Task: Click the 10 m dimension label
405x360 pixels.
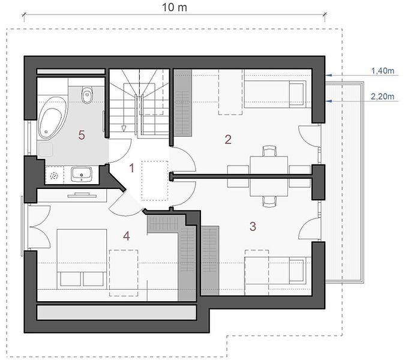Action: coord(175,7)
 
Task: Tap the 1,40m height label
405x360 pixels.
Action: coord(383,71)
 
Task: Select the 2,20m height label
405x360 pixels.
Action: coord(383,97)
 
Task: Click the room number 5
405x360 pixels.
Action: coord(82,135)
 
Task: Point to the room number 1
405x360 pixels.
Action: coord(132,168)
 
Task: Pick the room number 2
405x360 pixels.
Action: coord(228,139)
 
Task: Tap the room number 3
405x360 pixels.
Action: coord(253,226)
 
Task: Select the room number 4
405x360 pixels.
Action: coord(127,236)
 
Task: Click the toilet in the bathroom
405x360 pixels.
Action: coord(87,95)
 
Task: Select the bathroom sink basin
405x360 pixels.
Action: coord(82,174)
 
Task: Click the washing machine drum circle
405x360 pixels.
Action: coord(54,176)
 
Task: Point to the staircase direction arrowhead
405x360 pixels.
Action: coord(124,128)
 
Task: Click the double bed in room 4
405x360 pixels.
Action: coord(82,258)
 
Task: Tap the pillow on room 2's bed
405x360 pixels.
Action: coord(296,94)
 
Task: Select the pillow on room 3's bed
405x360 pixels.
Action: coord(296,271)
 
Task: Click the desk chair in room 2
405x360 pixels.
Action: coord(269,151)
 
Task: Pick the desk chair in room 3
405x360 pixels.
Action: coord(269,202)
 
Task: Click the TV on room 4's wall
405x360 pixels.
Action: coord(82,195)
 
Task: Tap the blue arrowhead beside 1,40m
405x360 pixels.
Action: coord(329,75)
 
